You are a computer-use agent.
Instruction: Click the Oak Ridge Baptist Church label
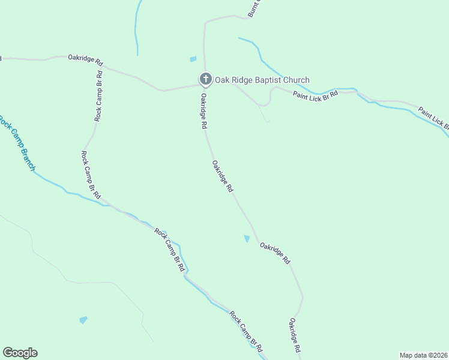point(262,80)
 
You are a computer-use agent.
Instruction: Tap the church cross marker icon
point(205,79)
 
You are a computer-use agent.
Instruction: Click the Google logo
point(20,353)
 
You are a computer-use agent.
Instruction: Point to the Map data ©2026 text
point(423,355)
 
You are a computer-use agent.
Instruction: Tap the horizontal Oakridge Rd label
point(86,59)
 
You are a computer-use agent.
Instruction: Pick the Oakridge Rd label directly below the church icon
point(204,112)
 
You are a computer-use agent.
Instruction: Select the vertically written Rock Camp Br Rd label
point(98,96)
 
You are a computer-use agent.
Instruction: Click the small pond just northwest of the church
point(193,59)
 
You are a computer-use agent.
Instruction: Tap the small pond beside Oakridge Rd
point(247,239)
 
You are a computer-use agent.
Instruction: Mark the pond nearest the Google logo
point(83,320)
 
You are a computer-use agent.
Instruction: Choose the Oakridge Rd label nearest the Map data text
point(295,335)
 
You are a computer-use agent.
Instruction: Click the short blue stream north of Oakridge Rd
point(137,27)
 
